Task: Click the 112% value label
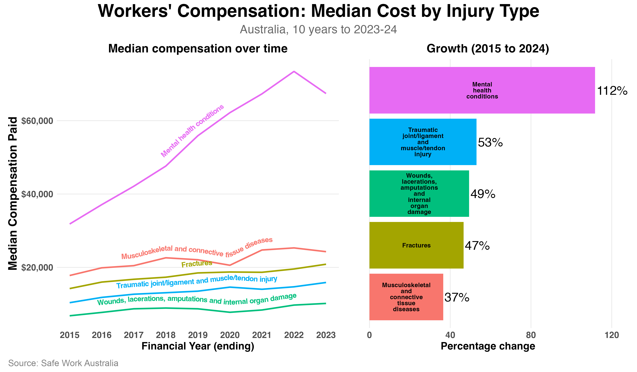click(x=612, y=91)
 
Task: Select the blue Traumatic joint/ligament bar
click(x=423, y=142)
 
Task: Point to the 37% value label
click(x=457, y=297)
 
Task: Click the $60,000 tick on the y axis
click(x=37, y=121)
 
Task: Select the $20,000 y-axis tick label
click(x=37, y=267)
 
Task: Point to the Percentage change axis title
click(x=488, y=346)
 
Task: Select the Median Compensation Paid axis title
click(x=13, y=194)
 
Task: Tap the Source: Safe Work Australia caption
click(x=63, y=363)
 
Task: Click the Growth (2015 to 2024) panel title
click(x=488, y=48)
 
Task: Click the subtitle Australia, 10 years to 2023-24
click(x=318, y=29)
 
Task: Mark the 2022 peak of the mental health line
click(x=294, y=72)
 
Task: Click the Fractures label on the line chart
click(x=197, y=264)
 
